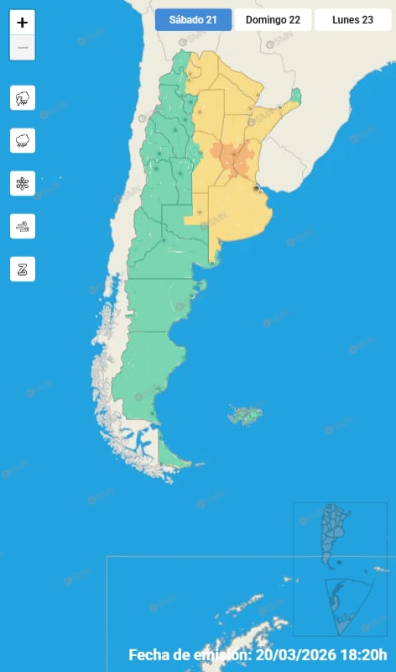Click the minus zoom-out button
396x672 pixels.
click(x=23, y=48)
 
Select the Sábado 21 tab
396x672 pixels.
click(x=193, y=20)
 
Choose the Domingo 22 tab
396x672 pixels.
click(x=273, y=20)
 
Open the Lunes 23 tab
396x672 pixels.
click(x=352, y=20)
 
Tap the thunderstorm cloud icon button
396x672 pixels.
click(x=23, y=98)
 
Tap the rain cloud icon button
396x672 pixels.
click(x=23, y=140)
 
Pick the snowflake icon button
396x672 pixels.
click(x=23, y=183)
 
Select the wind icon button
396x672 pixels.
click(x=23, y=226)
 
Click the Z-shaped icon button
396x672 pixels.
click(x=23, y=269)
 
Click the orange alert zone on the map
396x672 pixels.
click(x=232, y=157)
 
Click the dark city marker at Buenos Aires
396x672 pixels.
click(x=257, y=190)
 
